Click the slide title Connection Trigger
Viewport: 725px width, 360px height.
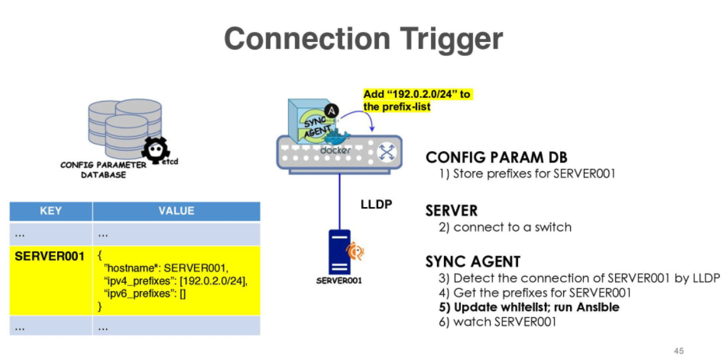click(x=363, y=40)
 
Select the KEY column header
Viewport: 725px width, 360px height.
click(x=51, y=211)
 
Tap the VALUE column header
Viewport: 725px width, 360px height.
click(x=176, y=211)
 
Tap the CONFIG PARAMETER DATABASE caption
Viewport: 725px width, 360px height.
click(x=103, y=169)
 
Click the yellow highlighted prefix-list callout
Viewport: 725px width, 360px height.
click(x=418, y=100)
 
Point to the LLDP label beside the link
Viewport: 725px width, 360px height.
click(x=376, y=203)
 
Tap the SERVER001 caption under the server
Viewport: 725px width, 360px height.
click(x=339, y=281)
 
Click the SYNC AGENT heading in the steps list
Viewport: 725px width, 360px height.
click(x=473, y=262)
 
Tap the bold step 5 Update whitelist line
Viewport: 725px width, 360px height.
click(x=529, y=307)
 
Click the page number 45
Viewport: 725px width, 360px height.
click(x=679, y=351)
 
